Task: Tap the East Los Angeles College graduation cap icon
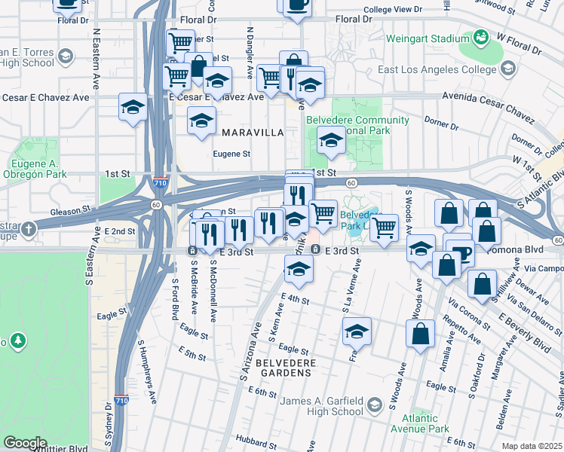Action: click(x=507, y=69)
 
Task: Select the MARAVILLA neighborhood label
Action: click(x=253, y=133)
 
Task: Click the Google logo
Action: click(x=26, y=442)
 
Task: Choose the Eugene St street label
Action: click(x=231, y=154)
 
